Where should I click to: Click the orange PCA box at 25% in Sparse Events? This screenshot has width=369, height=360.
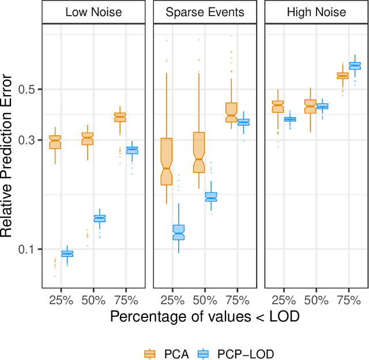click(167, 161)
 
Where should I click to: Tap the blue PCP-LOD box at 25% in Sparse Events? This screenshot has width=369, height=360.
click(179, 232)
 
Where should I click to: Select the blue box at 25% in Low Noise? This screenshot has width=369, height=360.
click(67, 254)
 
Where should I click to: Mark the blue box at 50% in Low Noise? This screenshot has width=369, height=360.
click(100, 218)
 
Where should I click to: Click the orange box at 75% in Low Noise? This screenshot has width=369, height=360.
click(120, 117)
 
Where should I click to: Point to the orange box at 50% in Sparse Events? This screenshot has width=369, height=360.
click(199, 153)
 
